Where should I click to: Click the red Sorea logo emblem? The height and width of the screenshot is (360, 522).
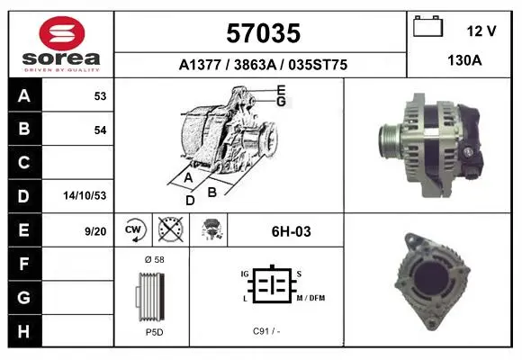click(x=62, y=33)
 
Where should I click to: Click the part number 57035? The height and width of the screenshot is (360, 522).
click(x=264, y=33)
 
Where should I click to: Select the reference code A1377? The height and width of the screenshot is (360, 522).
click(x=200, y=65)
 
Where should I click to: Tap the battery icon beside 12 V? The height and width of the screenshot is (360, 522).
click(x=428, y=26)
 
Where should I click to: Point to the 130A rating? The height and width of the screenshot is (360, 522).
click(x=464, y=60)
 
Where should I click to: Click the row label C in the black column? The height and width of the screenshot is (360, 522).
click(x=24, y=163)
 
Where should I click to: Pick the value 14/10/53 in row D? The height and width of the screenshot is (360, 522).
click(x=85, y=195)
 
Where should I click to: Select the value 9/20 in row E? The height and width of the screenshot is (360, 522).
click(x=95, y=231)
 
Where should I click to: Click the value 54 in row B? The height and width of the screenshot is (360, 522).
click(x=100, y=130)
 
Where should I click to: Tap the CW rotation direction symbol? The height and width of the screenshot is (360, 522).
click(x=134, y=229)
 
